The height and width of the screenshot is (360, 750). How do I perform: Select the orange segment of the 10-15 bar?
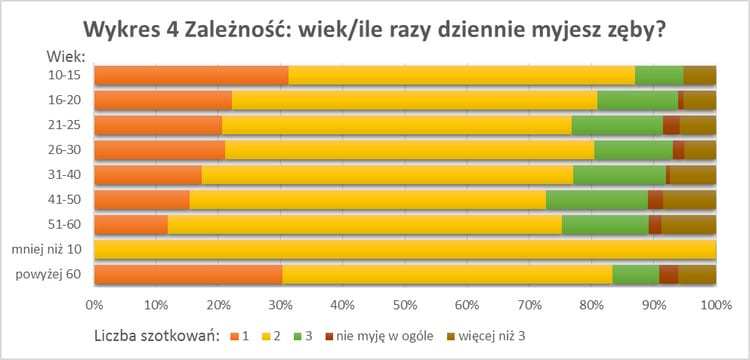point(191,75)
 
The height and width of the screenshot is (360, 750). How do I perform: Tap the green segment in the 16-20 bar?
point(637,100)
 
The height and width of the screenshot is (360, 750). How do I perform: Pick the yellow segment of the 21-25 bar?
point(396,125)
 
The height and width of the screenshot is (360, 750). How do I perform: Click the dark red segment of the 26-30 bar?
point(678,150)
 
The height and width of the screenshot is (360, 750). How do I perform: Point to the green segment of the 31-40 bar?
point(619,175)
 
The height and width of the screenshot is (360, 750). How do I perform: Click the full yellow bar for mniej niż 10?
point(405,250)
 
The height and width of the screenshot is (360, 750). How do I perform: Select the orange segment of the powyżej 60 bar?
point(188,275)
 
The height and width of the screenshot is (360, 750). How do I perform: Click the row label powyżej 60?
point(51,275)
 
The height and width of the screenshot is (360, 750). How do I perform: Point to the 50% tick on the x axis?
point(405,304)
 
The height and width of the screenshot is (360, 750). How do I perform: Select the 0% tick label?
point(95,304)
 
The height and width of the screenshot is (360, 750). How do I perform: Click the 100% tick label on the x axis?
point(714,304)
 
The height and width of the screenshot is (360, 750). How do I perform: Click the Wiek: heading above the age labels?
point(66,56)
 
